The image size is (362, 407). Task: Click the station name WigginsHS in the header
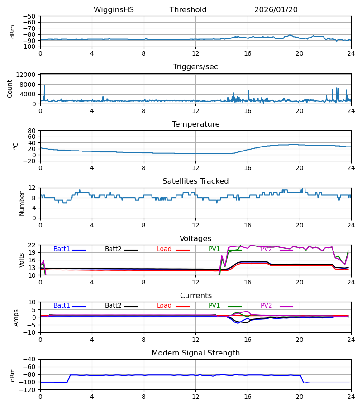click(x=114, y=10)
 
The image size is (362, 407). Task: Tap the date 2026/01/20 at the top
click(x=276, y=10)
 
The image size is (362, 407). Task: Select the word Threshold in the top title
click(x=188, y=10)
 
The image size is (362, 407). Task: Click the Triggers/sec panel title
click(x=195, y=67)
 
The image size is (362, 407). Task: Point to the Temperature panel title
click(x=195, y=124)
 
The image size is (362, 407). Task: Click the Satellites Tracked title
click(x=195, y=181)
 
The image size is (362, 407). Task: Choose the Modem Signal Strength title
click(x=195, y=353)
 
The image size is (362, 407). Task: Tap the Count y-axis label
click(x=10, y=89)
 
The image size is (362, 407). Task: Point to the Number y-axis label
click(x=22, y=203)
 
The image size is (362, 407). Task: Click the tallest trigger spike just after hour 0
click(x=44, y=85)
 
